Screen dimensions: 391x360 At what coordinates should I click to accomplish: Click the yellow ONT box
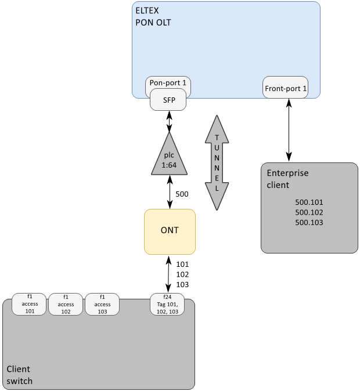tap(170, 231)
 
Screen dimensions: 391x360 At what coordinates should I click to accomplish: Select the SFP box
tap(169, 100)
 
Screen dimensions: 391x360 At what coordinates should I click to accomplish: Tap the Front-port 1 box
tap(286, 89)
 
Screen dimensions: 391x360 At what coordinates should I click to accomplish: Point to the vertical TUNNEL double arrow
tap(217, 162)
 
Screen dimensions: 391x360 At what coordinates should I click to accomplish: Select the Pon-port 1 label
tap(168, 83)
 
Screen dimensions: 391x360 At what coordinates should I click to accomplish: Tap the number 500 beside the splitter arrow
tap(182, 194)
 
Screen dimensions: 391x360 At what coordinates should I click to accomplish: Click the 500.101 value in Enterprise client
tap(309, 202)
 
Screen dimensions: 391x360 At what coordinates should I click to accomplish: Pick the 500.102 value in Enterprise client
tap(309, 212)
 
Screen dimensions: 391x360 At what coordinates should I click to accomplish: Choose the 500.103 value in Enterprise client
tap(309, 222)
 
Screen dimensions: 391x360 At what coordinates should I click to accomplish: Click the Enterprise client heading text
tap(287, 179)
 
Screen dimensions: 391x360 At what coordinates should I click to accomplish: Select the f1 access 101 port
tap(30, 304)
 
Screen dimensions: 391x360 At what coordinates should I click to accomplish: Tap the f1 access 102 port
tap(66, 304)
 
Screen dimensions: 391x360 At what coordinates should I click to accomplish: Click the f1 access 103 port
tap(102, 304)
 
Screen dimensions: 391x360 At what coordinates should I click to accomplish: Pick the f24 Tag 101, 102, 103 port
tap(168, 304)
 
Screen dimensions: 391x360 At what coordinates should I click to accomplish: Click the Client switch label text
tap(19, 375)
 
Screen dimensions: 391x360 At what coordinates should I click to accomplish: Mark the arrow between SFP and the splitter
tap(170, 121)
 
